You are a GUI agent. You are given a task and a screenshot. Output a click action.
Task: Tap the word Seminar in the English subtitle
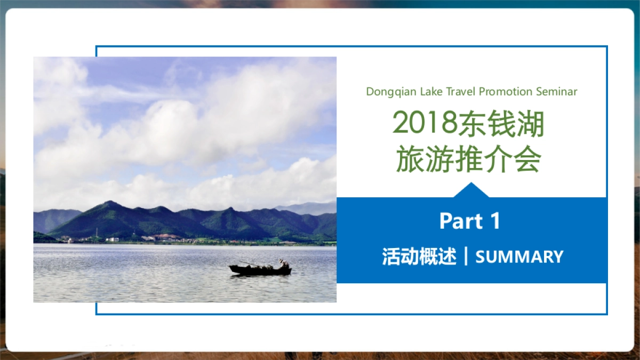coord(556,92)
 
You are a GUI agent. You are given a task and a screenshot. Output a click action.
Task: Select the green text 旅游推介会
coord(469,159)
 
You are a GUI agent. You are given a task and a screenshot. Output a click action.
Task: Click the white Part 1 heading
coord(469,221)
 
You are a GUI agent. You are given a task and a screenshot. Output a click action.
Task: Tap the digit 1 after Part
coord(494,221)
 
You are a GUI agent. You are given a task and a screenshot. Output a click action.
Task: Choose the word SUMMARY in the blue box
coord(519,257)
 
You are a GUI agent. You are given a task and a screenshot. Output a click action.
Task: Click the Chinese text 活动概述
coord(419,257)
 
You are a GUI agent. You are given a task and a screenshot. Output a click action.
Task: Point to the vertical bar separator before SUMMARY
coord(466,257)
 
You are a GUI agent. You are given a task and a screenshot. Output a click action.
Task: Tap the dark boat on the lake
coord(260,270)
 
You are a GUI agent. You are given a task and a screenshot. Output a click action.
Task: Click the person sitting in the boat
coord(284,263)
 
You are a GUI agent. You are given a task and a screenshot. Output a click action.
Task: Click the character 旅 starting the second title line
coord(409,159)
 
